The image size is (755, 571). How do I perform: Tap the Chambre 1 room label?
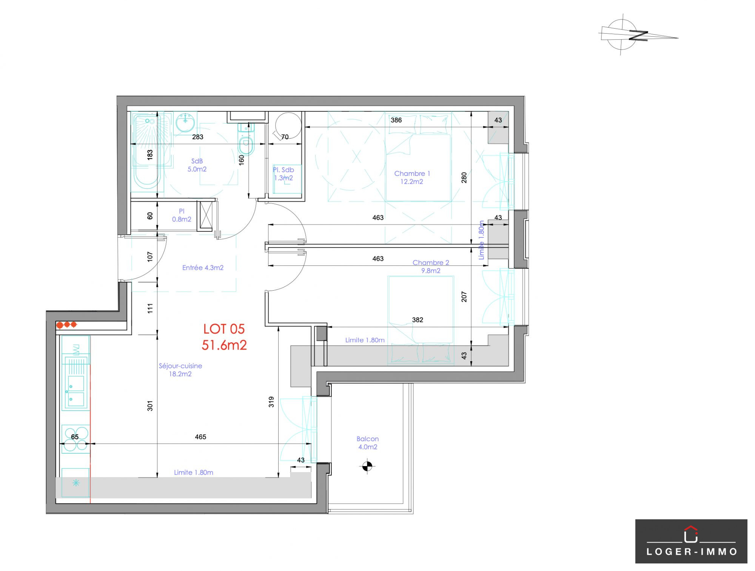point(412,177)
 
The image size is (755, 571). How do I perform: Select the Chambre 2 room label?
point(431,266)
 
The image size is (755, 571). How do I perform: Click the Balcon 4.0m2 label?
point(368,443)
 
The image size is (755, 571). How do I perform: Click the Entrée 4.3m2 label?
point(203,268)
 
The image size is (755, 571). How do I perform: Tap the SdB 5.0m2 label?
point(197,165)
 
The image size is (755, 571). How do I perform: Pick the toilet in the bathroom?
point(246,139)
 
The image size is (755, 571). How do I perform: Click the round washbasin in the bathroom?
point(185,122)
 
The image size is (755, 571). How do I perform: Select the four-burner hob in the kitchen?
point(75,439)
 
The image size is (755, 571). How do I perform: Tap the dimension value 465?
point(200,437)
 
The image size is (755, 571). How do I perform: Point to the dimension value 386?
point(396,120)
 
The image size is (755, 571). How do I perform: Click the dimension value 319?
point(271,402)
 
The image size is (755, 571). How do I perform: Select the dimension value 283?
point(198,137)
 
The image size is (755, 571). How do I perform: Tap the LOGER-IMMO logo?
point(691,541)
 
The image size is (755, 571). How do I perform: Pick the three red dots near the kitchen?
point(66,325)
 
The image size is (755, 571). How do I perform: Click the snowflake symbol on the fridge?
point(76,483)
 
